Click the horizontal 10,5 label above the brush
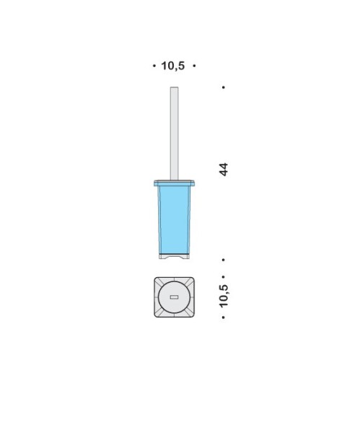[x=173, y=66]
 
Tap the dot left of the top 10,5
[x=154, y=66]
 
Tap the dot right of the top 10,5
[x=194, y=66]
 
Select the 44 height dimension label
[x=224, y=170]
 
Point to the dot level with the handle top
[x=224, y=87]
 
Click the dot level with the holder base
[x=224, y=260]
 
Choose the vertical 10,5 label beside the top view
[x=224, y=296]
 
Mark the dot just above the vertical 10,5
[x=224, y=277]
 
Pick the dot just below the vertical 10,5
[x=224, y=317]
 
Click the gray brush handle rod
[x=174, y=133]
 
